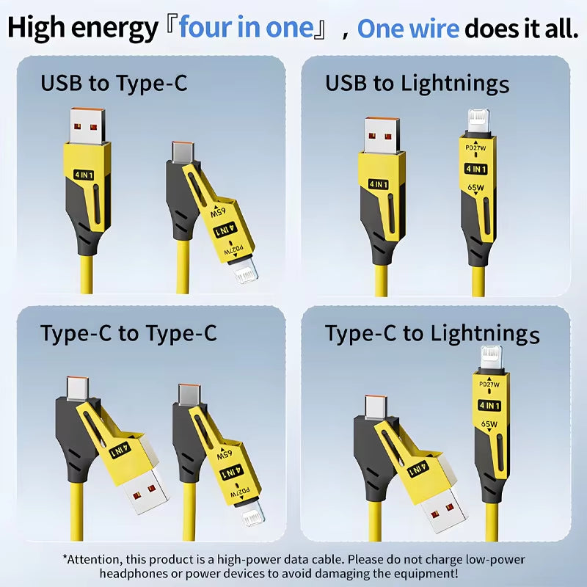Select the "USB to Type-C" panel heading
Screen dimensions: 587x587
pos(114,83)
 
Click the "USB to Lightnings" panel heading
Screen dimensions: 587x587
pos(417,84)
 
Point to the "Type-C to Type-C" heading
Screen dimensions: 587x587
pos(128,334)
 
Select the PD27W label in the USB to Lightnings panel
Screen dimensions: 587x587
pos(477,147)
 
